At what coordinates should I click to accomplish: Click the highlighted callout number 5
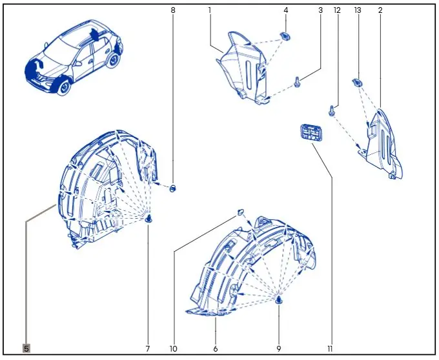coord(26,348)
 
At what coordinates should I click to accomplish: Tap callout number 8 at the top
coord(173,10)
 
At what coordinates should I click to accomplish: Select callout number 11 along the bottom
coord(330,349)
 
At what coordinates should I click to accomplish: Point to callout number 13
coord(358,10)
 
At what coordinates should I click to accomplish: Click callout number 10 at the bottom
coord(173,349)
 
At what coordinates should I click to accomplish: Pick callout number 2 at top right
coord(380,10)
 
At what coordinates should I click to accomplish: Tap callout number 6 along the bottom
coord(215,349)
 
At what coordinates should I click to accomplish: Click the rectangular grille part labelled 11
coord(311,133)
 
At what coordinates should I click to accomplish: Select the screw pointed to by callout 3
coord(297,83)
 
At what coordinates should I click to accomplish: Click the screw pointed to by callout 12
coord(332,110)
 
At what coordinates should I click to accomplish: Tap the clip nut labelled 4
coord(285,36)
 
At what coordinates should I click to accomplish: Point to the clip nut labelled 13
coord(356,83)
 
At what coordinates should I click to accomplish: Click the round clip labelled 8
coord(173,188)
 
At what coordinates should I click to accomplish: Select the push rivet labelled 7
coord(148,219)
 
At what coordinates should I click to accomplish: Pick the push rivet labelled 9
coord(279,301)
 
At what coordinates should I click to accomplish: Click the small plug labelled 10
coord(241,212)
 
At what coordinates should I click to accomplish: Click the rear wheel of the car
coord(114,61)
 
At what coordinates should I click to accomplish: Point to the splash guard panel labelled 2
coord(383,145)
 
